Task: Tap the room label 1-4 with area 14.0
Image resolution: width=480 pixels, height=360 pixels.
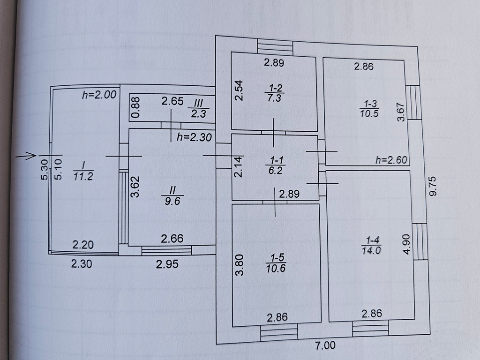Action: point(372,245)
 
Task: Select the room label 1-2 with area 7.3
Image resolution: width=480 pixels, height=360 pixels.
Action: point(275,93)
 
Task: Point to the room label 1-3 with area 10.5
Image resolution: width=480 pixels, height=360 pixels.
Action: point(369,109)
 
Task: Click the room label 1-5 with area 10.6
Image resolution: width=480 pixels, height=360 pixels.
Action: point(276,263)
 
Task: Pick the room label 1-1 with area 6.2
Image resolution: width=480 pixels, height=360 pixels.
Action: point(276,165)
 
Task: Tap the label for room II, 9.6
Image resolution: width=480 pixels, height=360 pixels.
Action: point(172,195)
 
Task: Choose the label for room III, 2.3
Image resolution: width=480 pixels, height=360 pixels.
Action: point(199,108)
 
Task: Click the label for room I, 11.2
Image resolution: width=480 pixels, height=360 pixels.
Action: point(83,171)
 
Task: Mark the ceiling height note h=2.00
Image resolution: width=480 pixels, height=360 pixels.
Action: point(99,95)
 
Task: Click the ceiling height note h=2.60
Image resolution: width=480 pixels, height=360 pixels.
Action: point(391,160)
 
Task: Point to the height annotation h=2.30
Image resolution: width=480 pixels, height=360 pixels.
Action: point(194,137)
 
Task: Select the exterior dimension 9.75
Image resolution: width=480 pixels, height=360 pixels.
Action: point(432,186)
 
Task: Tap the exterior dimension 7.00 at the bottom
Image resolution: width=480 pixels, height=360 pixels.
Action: point(325,345)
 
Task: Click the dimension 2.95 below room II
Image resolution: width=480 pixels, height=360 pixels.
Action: point(167,264)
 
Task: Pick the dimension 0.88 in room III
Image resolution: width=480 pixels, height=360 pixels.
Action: point(135,107)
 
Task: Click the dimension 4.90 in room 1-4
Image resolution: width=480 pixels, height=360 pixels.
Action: point(406,244)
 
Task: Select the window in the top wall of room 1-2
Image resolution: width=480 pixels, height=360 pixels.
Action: point(275,47)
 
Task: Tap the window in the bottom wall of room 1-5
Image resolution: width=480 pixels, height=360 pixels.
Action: point(279,332)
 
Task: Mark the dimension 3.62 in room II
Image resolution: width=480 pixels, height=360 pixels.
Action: point(135,187)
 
